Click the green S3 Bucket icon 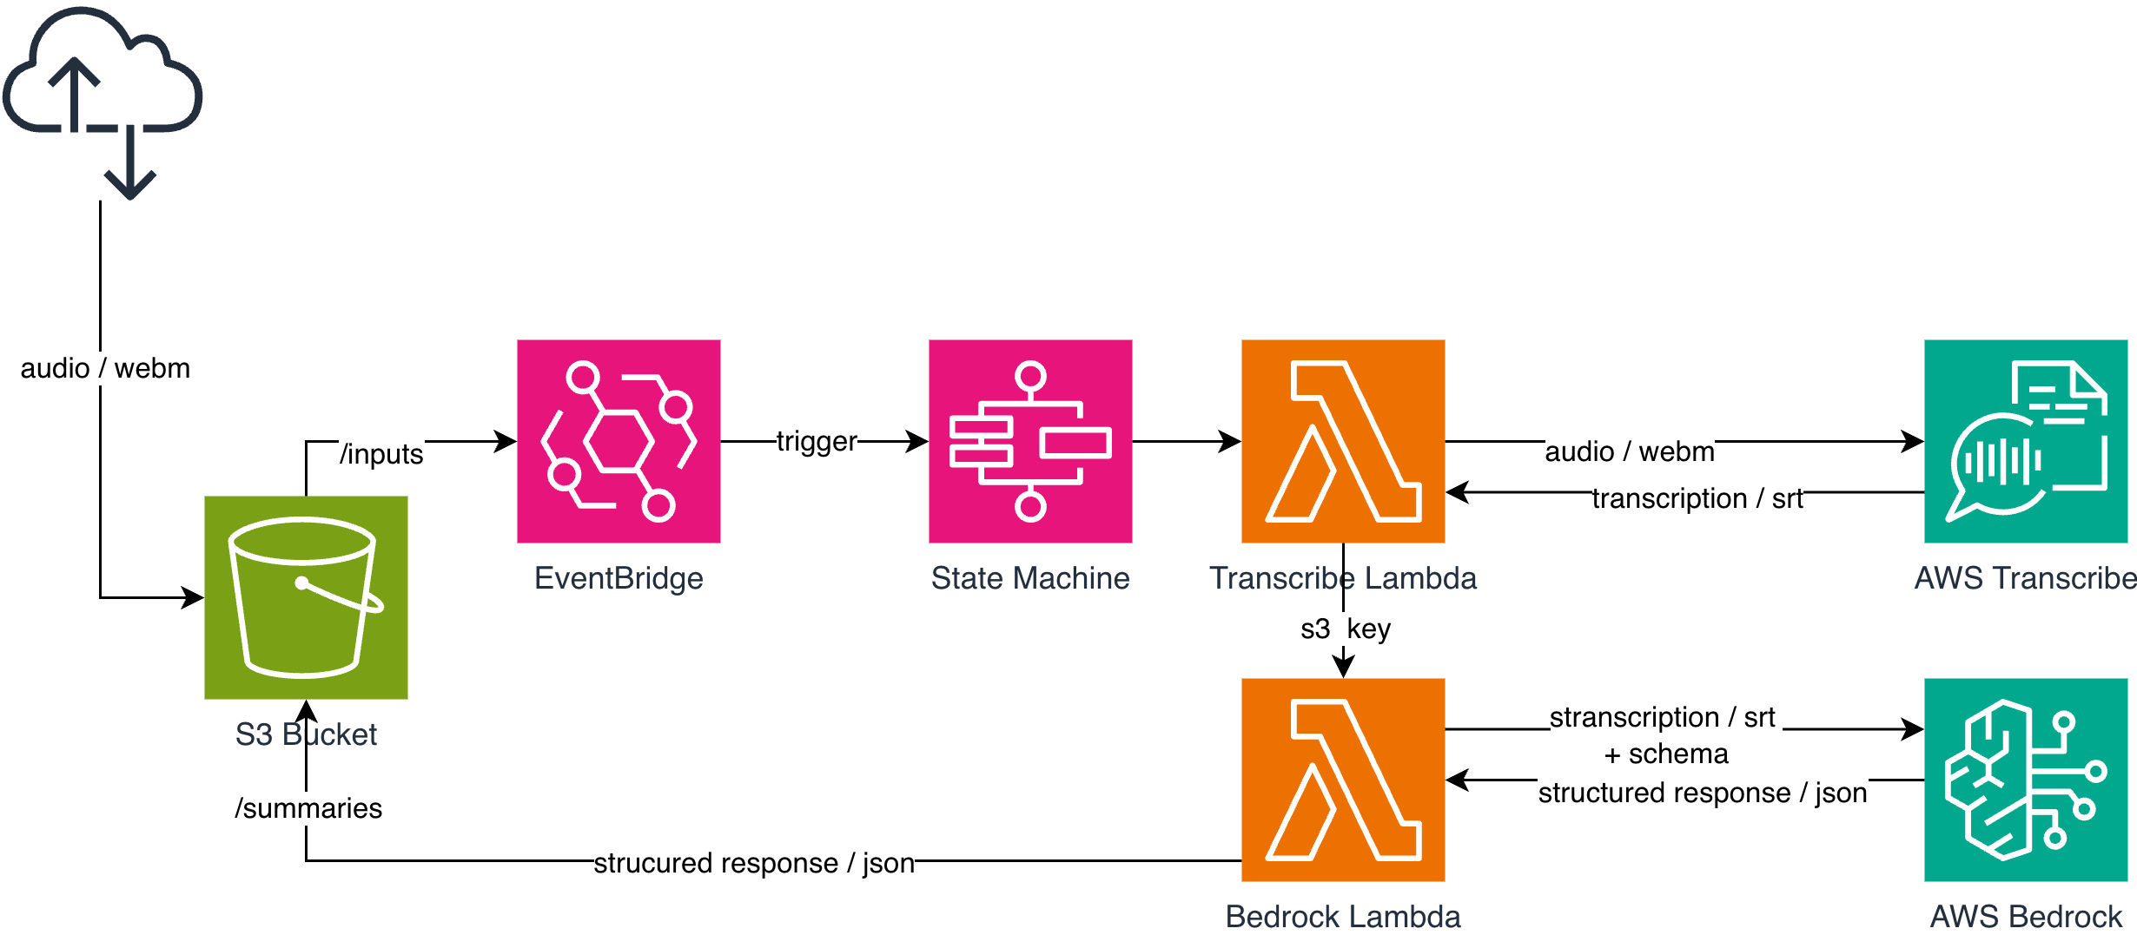click(306, 597)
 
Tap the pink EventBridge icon click(619, 441)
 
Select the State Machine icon click(1030, 441)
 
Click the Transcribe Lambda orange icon click(1343, 441)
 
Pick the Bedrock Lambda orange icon click(1343, 780)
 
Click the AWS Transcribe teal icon click(2026, 441)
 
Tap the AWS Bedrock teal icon click(2026, 780)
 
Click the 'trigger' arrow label click(817, 441)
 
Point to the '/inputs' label click(381, 454)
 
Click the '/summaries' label click(308, 808)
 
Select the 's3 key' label click(1345, 629)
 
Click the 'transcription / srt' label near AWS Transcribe click(1697, 498)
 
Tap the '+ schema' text click(1666, 754)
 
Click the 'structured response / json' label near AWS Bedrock click(1703, 793)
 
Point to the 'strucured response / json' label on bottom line click(754, 863)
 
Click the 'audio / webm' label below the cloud click(105, 368)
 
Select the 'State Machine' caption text click(1030, 578)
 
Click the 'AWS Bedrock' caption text click(2026, 917)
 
